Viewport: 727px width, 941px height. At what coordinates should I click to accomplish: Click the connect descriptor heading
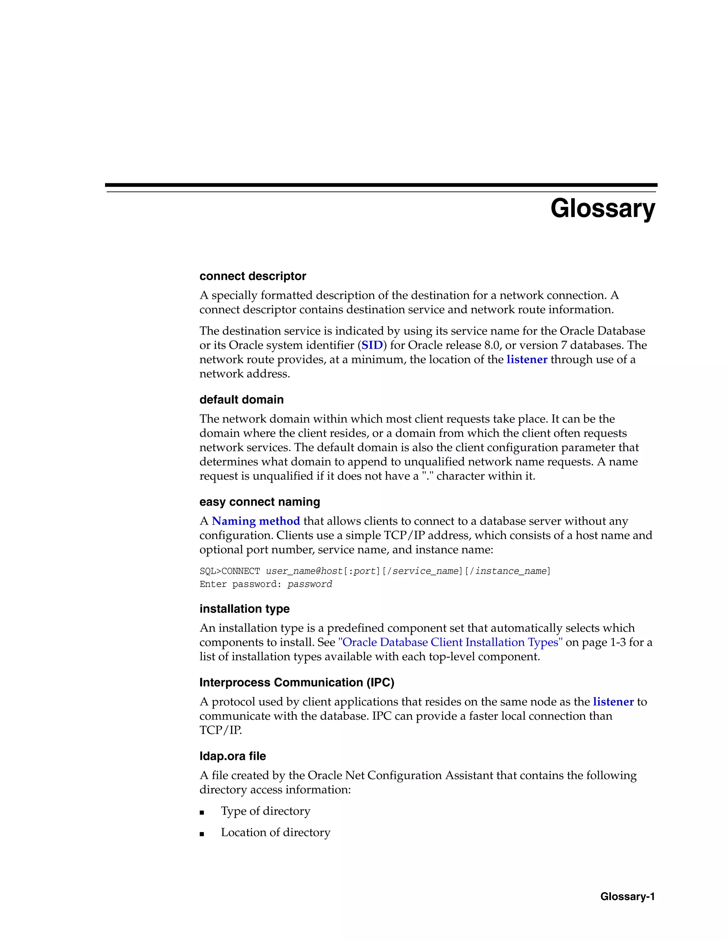252,276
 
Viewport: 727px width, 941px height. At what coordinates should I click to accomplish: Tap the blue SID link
372,346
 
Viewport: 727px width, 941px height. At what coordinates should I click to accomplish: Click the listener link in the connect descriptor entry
526,360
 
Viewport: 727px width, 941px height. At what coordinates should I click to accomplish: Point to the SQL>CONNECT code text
230,571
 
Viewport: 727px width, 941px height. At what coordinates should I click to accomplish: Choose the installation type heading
244,609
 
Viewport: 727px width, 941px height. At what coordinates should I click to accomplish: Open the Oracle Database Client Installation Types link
450,642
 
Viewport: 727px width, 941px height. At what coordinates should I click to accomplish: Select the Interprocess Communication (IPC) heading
297,682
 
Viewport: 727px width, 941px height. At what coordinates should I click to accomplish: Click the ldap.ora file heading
233,756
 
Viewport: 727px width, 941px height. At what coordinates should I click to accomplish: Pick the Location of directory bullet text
275,832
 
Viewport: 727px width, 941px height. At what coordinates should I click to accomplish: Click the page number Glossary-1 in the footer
627,897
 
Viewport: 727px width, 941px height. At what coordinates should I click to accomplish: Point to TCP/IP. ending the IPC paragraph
220,730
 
